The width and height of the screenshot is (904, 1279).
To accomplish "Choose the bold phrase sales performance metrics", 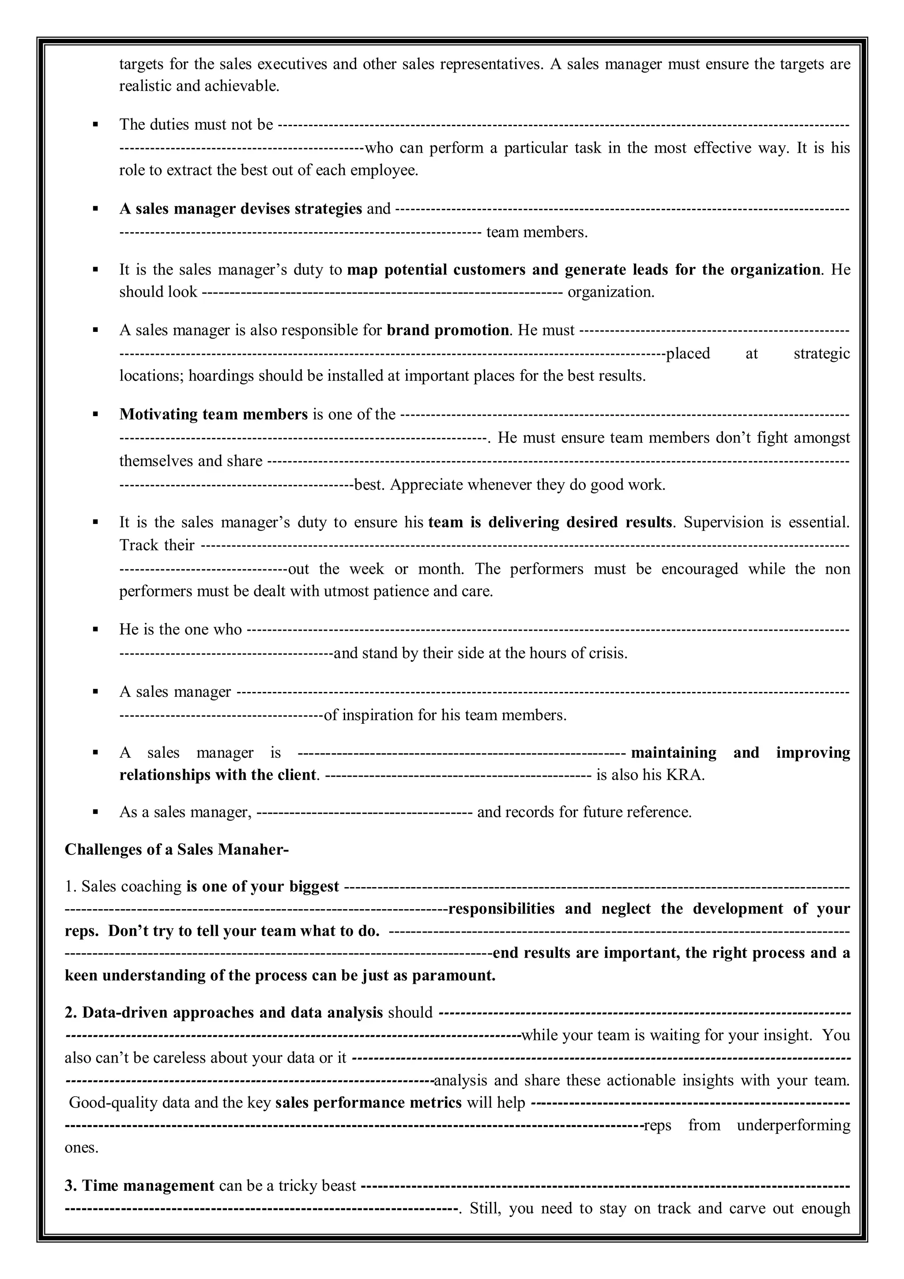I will coord(368,1102).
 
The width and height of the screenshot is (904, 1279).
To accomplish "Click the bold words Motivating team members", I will coord(213,414).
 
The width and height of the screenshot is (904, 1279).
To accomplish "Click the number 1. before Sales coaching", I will coord(70,886).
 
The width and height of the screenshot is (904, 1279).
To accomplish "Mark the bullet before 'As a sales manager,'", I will coord(96,812).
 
